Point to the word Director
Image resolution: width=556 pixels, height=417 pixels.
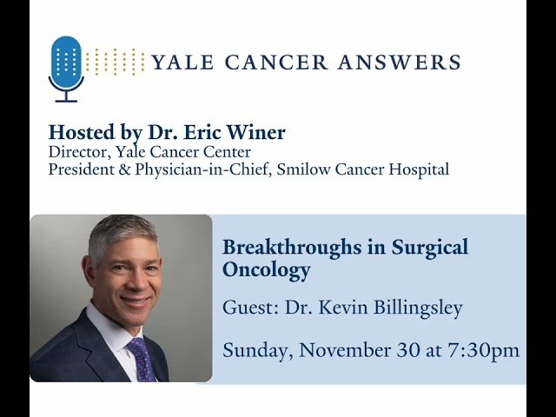78,152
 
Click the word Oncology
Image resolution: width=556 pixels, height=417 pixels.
266,270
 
